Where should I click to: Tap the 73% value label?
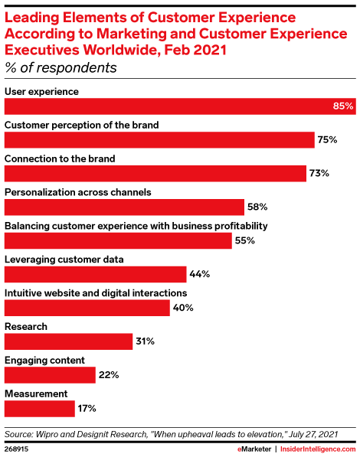tap(319, 173)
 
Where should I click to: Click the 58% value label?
tap(256, 207)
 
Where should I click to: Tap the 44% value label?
tap(199, 274)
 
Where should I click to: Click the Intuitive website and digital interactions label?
tap(95, 292)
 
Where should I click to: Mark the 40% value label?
tap(183, 308)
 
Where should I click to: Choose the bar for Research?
tap(68, 341)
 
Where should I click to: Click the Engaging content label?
tap(44, 360)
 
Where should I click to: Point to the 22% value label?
tap(108, 375)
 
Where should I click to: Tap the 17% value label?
tap(87, 409)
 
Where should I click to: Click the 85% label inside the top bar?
tap(343, 106)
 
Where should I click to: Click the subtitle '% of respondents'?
tap(61, 67)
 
